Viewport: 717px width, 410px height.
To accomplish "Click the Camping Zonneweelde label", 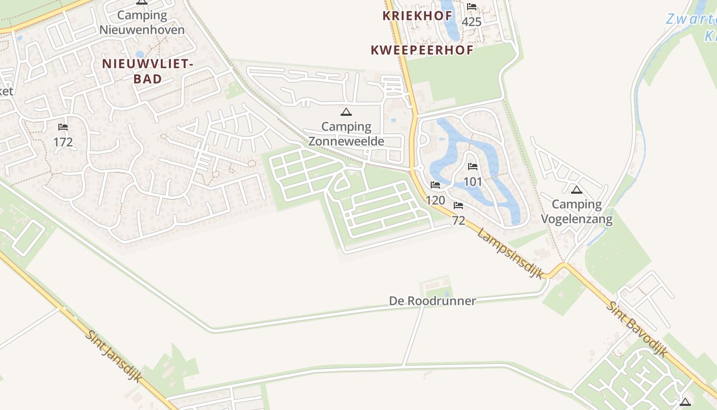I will pos(346,133).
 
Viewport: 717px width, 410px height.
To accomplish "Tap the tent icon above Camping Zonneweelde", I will pos(346,112).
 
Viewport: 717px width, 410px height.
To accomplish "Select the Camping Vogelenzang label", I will pos(577,212).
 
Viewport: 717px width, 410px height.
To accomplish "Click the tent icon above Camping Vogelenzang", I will pos(577,190).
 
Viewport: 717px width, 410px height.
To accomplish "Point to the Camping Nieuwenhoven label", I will pos(142,22).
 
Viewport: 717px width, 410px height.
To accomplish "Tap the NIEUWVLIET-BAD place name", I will pos(147,71).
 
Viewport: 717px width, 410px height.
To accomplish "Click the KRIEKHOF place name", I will pos(417,16).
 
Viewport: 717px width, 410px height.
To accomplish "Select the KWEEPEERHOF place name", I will pos(421,50).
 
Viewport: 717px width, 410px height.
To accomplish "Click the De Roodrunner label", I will pos(432,301).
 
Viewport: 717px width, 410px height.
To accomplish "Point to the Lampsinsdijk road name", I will pos(510,254).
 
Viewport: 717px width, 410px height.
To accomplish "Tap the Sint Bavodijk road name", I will pos(637,329).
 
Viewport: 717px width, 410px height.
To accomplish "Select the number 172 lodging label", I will pos(63,142).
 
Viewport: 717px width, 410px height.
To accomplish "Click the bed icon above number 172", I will pos(63,127).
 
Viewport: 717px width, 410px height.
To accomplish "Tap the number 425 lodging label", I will pos(472,22).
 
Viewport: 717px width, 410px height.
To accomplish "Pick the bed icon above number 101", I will pos(473,167).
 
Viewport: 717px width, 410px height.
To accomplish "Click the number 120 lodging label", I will pos(435,200).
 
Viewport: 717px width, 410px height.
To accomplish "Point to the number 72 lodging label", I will pos(458,220).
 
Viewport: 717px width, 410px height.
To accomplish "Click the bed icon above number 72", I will pos(458,206).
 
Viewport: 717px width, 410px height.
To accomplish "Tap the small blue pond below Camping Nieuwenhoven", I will pos(140,54).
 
